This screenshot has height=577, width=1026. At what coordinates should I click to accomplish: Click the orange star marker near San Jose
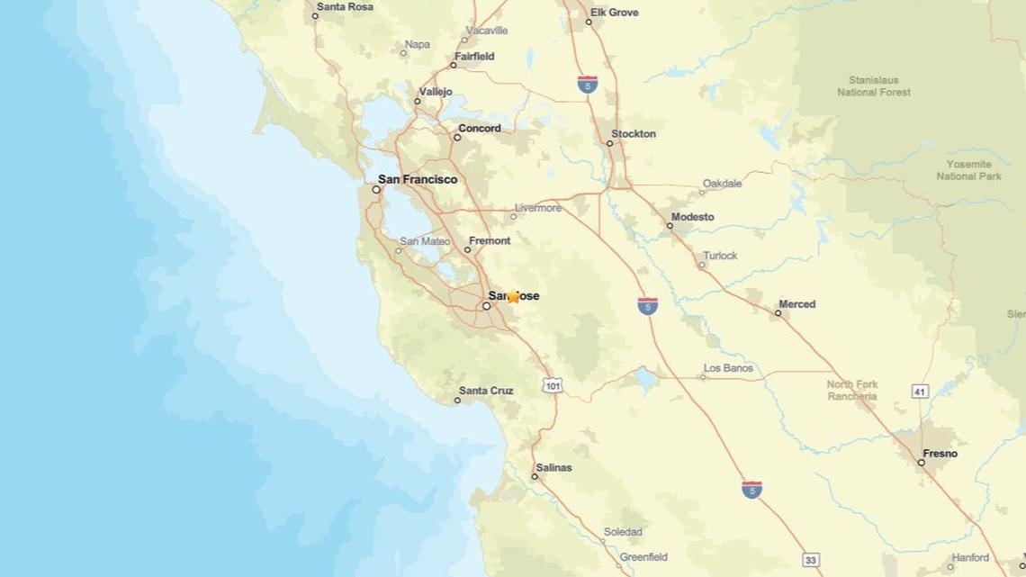(x=513, y=297)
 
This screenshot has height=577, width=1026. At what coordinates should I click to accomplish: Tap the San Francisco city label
(x=417, y=179)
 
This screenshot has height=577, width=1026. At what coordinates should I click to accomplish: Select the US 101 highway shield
(x=553, y=385)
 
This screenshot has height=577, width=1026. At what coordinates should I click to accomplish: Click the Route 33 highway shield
(x=811, y=560)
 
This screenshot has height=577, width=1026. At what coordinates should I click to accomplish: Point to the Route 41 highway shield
(x=919, y=392)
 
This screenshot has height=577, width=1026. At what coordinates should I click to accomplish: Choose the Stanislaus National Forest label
(x=873, y=86)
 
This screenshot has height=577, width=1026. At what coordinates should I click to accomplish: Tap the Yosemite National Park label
(x=968, y=170)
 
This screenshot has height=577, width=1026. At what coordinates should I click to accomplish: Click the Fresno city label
(x=940, y=454)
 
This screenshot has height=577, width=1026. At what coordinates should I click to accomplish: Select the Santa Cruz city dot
(x=457, y=401)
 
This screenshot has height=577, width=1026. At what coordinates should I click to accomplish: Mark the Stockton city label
(x=634, y=134)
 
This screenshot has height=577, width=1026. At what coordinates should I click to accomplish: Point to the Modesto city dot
(x=670, y=225)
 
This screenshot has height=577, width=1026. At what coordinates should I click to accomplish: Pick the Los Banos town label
(x=728, y=368)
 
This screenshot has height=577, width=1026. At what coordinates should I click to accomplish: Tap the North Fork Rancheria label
(x=851, y=390)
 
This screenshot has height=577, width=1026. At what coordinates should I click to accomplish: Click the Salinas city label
(x=553, y=468)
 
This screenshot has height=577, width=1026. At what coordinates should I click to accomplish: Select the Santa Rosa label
(x=343, y=6)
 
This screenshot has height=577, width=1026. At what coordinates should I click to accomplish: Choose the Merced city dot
(x=778, y=313)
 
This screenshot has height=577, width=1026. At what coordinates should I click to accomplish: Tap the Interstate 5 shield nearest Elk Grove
(x=587, y=85)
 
